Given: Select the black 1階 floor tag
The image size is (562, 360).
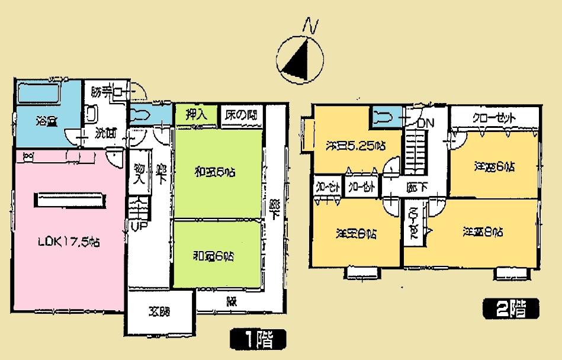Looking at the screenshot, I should (258, 339).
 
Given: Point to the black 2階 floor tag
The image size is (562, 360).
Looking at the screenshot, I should (511, 308).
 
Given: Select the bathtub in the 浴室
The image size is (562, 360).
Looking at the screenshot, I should (39, 93).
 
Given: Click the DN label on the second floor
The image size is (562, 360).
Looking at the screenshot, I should (425, 124).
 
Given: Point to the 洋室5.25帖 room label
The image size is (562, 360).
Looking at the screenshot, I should (355, 144).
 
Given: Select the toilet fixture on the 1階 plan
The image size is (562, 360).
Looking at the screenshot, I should (144, 114).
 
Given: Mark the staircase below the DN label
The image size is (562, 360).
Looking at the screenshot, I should (416, 153).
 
